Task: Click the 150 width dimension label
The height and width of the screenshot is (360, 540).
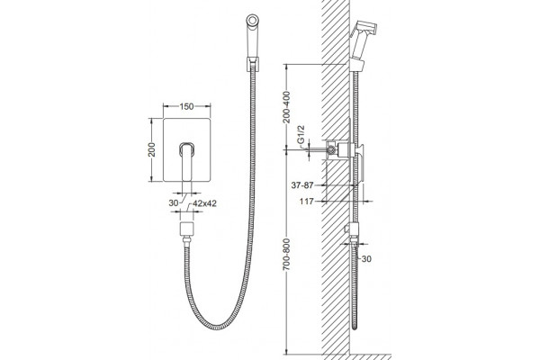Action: coord(186,106)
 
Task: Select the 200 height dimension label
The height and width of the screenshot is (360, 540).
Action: coord(151,149)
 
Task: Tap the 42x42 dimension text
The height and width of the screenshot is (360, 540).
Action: coord(204,203)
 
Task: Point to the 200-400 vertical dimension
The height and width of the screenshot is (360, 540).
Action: coord(286,107)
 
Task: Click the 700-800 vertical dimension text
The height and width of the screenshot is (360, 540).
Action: coord(286,254)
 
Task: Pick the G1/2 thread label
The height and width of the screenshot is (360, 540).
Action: coord(301,135)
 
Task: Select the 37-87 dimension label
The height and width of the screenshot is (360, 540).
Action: coord(302,185)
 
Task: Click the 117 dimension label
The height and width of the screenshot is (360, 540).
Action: coord(307,202)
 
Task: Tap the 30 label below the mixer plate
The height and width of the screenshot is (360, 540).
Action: coord(174,202)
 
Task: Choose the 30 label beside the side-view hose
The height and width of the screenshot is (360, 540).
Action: coord(367,258)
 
